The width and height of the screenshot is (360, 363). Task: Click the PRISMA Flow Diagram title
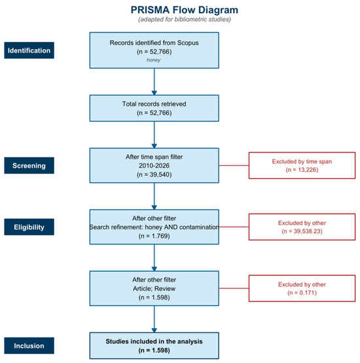click(x=185, y=10)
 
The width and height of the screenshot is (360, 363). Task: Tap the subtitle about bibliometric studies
click(x=185, y=19)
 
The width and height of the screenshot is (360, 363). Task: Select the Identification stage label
click(x=29, y=50)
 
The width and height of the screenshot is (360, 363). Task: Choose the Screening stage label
click(x=29, y=166)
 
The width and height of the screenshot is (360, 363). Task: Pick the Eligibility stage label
click(x=29, y=227)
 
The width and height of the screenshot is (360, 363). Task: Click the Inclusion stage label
click(x=29, y=346)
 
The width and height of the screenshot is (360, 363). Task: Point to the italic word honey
click(x=154, y=60)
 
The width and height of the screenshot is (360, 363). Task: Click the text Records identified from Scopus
click(x=154, y=43)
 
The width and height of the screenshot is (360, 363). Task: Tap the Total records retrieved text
click(x=154, y=104)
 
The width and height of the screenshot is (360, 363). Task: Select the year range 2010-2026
click(x=154, y=166)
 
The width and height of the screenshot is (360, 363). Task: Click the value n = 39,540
click(x=154, y=174)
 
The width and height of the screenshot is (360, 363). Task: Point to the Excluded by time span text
click(x=302, y=161)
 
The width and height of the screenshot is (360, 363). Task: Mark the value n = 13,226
click(x=302, y=170)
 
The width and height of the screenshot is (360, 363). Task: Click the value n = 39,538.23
click(x=302, y=231)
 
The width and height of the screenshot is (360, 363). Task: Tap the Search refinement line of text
click(x=154, y=227)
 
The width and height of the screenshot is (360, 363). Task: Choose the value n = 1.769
click(x=154, y=236)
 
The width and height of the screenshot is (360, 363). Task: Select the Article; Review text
click(x=154, y=288)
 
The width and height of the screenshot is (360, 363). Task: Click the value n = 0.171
click(x=302, y=293)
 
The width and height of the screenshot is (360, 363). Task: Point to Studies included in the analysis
click(x=154, y=341)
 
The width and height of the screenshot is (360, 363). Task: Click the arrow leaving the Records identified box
click(x=154, y=81)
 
